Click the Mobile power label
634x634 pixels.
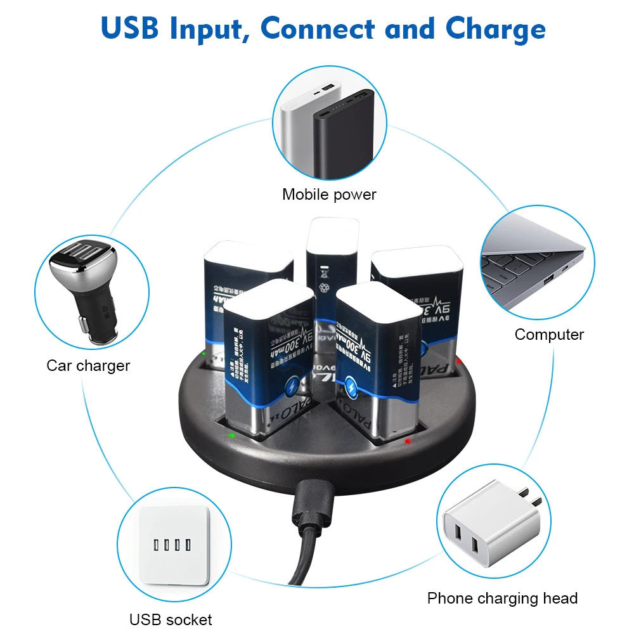pos(329,195)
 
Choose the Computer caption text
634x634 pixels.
pos(549,334)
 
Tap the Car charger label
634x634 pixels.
pos(88,365)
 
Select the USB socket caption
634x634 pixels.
pos(171,619)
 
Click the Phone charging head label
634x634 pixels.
pos(502,598)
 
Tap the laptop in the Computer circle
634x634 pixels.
pos(533,260)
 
